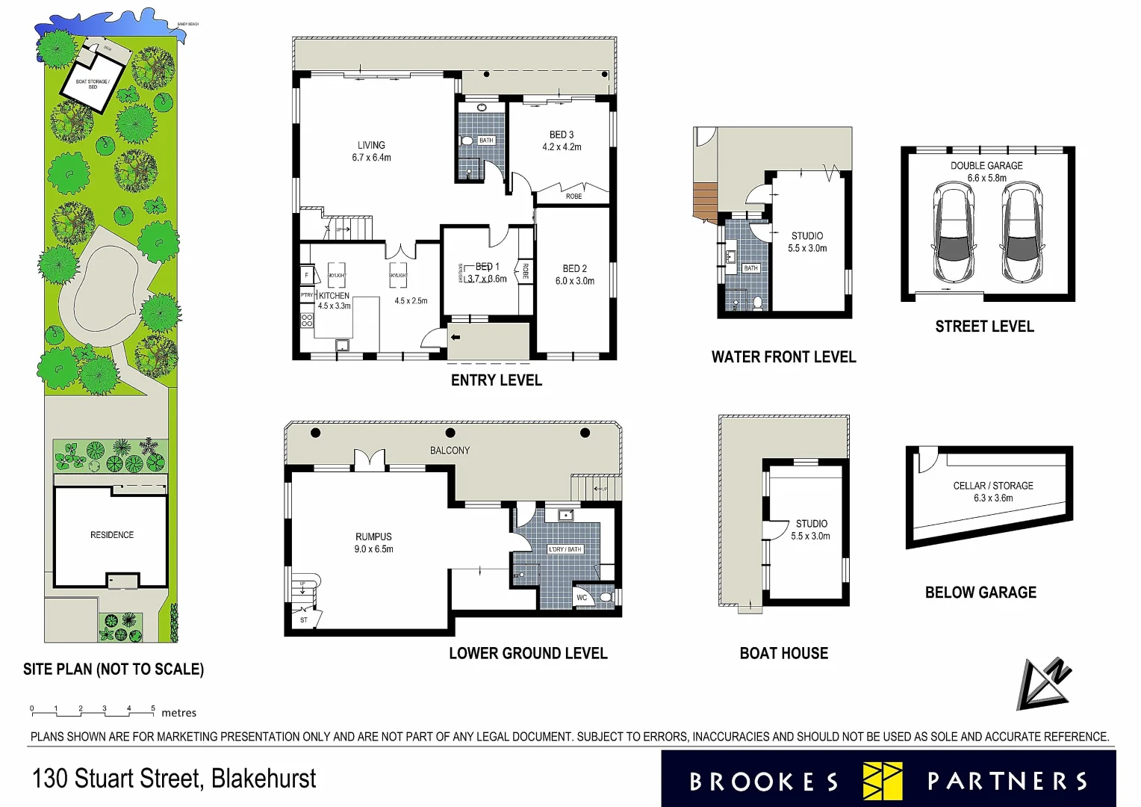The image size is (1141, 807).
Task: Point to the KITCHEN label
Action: pyautogui.click(x=334, y=296)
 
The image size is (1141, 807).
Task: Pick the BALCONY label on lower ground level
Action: pyautogui.click(x=450, y=451)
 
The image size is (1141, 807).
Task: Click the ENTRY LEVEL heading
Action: pyautogui.click(x=496, y=380)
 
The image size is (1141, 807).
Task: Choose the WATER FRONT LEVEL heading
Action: pyautogui.click(x=783, y=357)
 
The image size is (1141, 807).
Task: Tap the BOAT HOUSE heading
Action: pyautogui.click(x=783, y=653)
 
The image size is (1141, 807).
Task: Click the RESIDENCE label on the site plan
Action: pyautogui.click(x=112, y=535)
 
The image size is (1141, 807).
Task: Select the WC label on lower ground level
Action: pyautogui.click(x=582, y=597)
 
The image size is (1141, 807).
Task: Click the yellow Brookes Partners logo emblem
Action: pyautogui.click(x=882, y=781)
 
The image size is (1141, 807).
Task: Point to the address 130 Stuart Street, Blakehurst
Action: pyautogui.click(x=174, y=779)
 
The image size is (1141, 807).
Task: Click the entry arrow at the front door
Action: pyautogui.click(x=455, y=337)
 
